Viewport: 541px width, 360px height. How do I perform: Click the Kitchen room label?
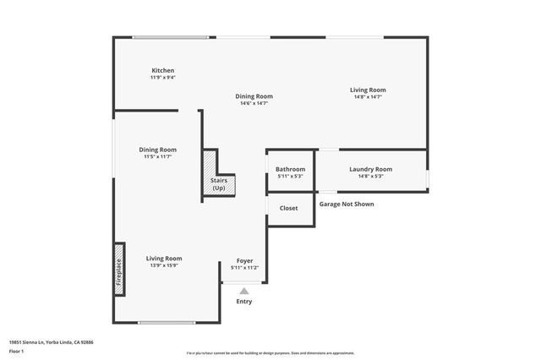click(x=163, y=70)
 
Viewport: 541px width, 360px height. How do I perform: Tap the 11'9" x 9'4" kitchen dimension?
click(x=163, y=78)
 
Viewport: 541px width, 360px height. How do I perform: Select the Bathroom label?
click(x=290, y=169)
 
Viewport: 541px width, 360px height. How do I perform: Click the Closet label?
click(x=288, y=208)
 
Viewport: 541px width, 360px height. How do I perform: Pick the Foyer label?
click(x=244, y=260)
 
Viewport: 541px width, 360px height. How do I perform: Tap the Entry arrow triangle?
click(x=244, y=291)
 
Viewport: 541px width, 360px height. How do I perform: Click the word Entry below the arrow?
click(x=244, y=302)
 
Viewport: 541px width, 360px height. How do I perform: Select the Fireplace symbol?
click(x=119, y=270)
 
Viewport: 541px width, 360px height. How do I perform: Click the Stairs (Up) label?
click(x=218, y=184)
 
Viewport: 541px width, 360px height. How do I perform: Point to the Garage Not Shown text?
click(x=346, y=204)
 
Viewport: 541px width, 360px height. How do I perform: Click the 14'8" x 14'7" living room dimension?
click(x=369, y=97)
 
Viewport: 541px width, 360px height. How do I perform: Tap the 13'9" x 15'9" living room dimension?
click(x=164, y=265)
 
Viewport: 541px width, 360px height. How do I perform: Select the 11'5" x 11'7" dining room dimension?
click(x=158, y=156)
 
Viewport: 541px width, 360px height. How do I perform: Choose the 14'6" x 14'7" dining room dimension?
click(x=254, y=103)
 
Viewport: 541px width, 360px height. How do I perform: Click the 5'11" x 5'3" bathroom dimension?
click(x=290, y=177)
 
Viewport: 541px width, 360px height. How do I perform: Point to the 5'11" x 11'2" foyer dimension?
click(x=244, y=268)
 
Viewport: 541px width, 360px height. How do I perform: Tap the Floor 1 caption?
click(x=16, y=351)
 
